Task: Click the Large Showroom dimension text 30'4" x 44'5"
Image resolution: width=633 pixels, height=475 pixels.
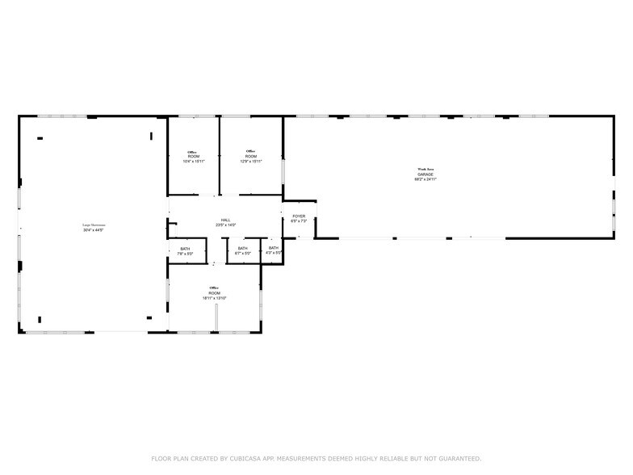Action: tap(94, 230)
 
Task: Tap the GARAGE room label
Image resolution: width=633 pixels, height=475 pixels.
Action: tap(425, 174)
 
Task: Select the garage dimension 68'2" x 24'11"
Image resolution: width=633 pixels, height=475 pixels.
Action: tap(425, 179)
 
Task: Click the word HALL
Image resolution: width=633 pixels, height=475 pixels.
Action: tap(226, 220)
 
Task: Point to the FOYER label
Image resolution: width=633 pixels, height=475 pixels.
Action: tap(299, 216)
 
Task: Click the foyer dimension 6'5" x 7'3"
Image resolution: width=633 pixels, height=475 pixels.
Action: tap(299, 221)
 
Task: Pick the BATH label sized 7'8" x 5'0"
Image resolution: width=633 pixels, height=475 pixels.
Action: tap(185, 249)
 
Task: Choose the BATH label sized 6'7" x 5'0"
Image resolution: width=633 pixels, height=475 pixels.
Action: tap(243, 249)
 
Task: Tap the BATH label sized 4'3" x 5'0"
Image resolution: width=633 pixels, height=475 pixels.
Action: tap(274, 248)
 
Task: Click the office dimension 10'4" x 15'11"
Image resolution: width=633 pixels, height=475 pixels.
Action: tap(193, 162)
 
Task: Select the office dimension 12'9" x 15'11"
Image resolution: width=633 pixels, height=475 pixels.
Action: tap(251, 162)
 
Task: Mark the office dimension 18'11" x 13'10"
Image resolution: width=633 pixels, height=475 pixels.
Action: tap(215, 298)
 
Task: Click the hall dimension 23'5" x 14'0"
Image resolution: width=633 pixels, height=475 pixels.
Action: tap(226, 225)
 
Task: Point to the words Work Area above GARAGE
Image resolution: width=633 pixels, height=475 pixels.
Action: tap(425, 169)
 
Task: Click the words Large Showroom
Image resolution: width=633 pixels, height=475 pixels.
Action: tap(94, 225)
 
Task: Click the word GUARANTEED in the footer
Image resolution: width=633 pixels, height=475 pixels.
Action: tap(456, 459)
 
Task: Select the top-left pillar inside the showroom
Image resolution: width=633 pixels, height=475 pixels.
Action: tap(40, 138)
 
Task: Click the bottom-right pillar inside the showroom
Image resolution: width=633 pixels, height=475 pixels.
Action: tap(149, 317)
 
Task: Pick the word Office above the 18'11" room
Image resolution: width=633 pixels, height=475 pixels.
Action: tap(215, 288)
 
